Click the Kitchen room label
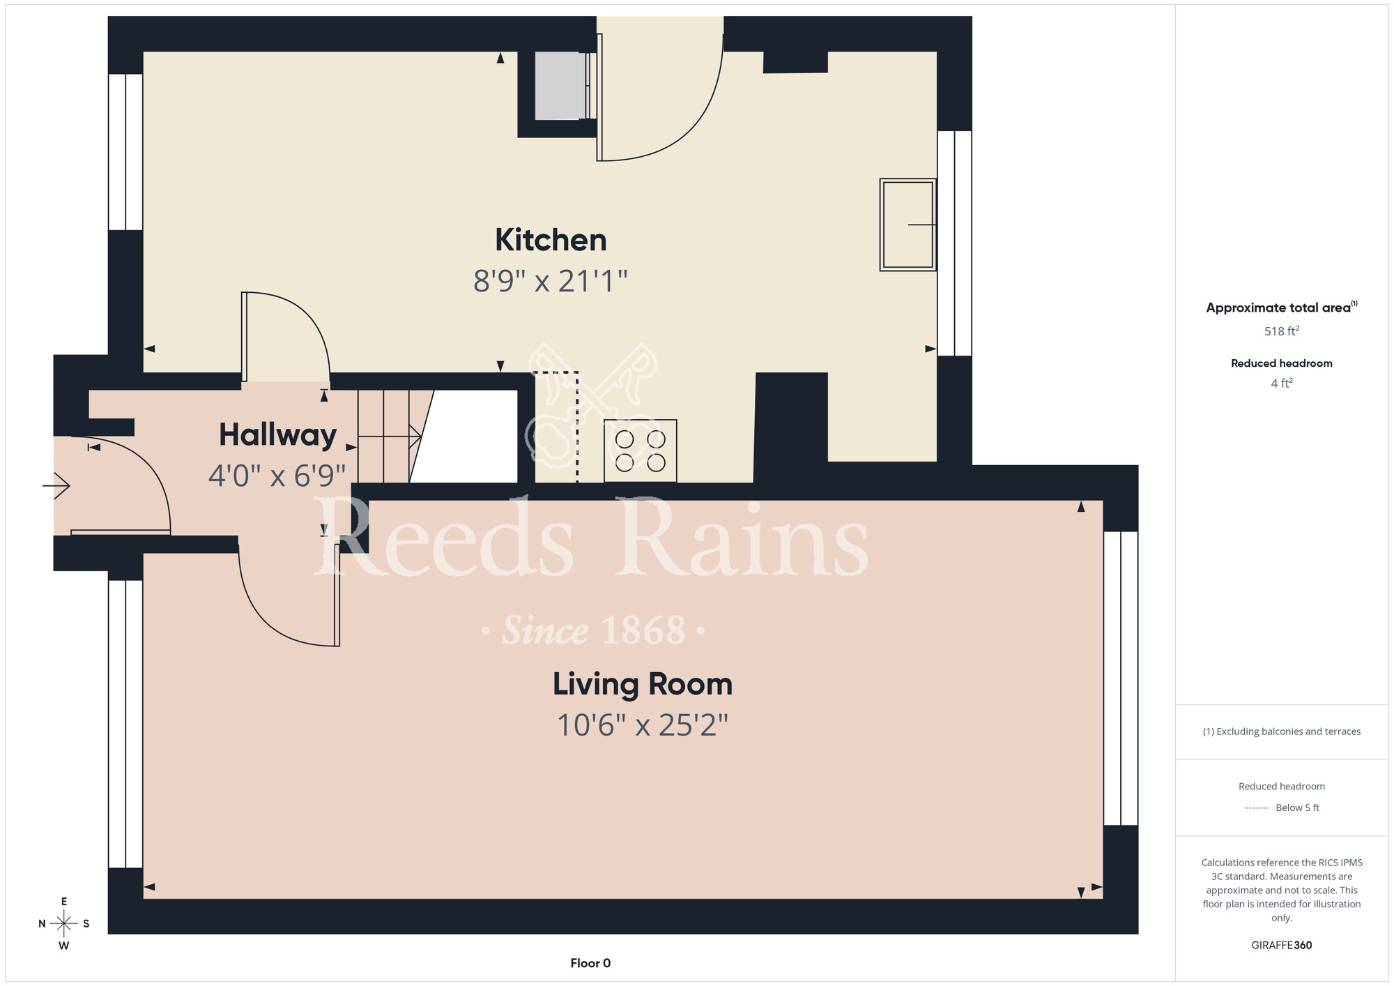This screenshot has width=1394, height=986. pyautogui.click(x=551, y=240)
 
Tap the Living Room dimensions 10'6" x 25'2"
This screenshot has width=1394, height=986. pyautogui.click(x=642, y=725)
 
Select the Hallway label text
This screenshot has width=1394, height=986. pyautogui.click(x=277, y=435)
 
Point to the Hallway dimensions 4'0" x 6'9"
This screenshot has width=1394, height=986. pyautogui.click(x=277, y=476)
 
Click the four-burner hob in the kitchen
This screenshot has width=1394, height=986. pyautogui.click(x=641, y=450)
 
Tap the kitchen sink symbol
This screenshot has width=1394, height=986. pyautogui.click(x=907, y=225)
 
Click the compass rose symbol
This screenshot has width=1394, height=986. pyautogui.click(x=63, y=924)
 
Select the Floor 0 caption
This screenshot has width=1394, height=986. pyautogui.click(x=590, y=963)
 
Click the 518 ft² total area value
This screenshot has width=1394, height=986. pyautogui.click(x=1282, y=331)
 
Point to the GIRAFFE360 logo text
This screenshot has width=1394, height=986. pyautogui.click(x=1282, y=946)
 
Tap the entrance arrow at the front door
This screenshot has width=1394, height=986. pyautogui.click(x=56, y=485)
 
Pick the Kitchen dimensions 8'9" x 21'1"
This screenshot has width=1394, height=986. pyautogui.click(x=551, y=281)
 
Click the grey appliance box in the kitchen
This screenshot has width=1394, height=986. pyautogui.click(x=560, y=85)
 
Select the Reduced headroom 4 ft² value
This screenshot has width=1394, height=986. pyautogui.click(x=1282, y=383)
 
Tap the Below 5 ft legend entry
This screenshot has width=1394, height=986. pyautogui.click(x=1282, y=807)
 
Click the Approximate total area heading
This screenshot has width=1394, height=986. pyautogui.click(x=1282, y=308)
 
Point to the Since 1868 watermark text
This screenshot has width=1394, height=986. pyautogui.click(x=594, y=630)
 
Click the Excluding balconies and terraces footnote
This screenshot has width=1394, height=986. pyautogui.click(x=1282, y=731)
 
